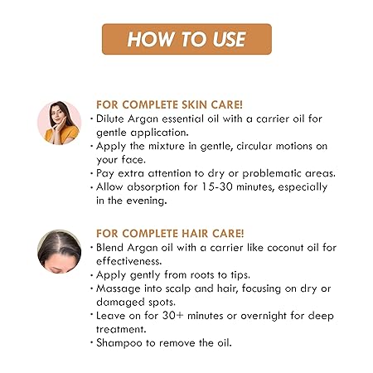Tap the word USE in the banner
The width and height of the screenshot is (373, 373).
[x=229, y=39]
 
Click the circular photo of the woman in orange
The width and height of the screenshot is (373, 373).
[x=60, y=123]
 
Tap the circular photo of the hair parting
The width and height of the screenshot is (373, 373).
[x=60, y=251]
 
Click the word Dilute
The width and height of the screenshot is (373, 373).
[x=110, y=119]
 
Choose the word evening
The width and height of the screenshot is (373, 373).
[x=147, y=201]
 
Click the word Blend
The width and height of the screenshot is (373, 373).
[x=109, y=248]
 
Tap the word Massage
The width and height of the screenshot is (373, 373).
[x=119, y=288]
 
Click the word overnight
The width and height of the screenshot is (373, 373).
[x=264, y=316]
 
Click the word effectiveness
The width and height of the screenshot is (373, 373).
[x=128, y=261]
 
